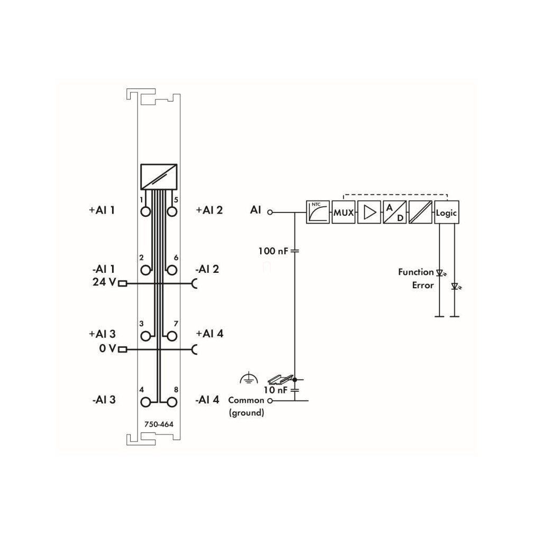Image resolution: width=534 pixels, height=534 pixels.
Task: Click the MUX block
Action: (343, 212)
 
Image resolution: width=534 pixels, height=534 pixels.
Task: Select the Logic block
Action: (446, 212)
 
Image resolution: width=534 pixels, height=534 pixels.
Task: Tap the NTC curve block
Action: (318, 212)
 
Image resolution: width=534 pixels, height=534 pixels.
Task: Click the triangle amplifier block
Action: (369, 212)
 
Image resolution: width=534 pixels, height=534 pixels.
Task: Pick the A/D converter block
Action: (395, 212)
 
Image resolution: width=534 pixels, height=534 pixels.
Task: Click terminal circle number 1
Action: (145, 211)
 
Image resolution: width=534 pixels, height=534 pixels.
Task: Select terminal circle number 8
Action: (172, 402)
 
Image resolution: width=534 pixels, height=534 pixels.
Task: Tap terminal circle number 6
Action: (172, 270)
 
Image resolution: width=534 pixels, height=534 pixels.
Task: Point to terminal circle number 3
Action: (145, 336)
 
